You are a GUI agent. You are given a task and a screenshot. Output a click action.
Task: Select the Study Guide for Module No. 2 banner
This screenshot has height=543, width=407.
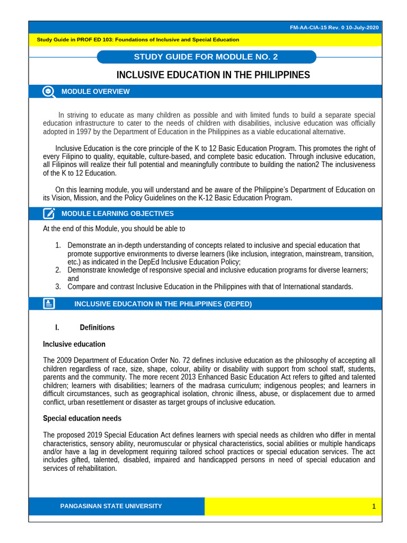(x=206, y=57)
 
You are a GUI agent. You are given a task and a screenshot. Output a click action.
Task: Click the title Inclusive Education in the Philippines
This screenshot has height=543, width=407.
(x=213, y=75)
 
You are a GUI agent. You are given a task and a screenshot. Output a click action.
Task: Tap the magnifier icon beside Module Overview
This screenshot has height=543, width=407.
(x=49, y=92)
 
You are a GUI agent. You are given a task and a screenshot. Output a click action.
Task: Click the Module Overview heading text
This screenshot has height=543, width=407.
(x=95, y=92)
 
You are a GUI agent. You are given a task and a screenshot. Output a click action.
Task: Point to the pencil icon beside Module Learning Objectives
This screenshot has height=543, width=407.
(x=49, y=214)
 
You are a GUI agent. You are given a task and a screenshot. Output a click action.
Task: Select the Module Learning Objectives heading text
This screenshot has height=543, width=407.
(x=117, y=214)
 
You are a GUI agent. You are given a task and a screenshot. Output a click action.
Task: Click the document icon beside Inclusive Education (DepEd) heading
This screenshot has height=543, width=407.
(x=49, y=304)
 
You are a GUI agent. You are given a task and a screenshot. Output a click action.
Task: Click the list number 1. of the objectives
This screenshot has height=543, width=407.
(x=58, y=246)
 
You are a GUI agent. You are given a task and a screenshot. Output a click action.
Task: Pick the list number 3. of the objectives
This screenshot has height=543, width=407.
(x=58, y=287)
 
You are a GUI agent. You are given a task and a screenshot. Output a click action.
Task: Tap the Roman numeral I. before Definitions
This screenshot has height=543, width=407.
(x=57, y=328)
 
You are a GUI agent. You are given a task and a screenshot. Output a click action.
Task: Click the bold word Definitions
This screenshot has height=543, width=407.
(x=97, y=328)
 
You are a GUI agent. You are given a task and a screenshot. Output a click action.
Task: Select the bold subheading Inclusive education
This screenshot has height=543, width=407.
(x=74, y=344)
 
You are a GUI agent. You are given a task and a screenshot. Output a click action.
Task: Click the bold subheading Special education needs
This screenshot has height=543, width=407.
(x=82, y=418)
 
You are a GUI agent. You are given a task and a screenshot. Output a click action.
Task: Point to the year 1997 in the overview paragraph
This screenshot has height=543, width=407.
(x=86, y=132)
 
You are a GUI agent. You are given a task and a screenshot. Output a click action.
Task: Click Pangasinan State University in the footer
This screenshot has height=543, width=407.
(x=111, y=506)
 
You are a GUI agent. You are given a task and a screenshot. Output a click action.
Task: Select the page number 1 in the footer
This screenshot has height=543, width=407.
(x=373, y=507)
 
